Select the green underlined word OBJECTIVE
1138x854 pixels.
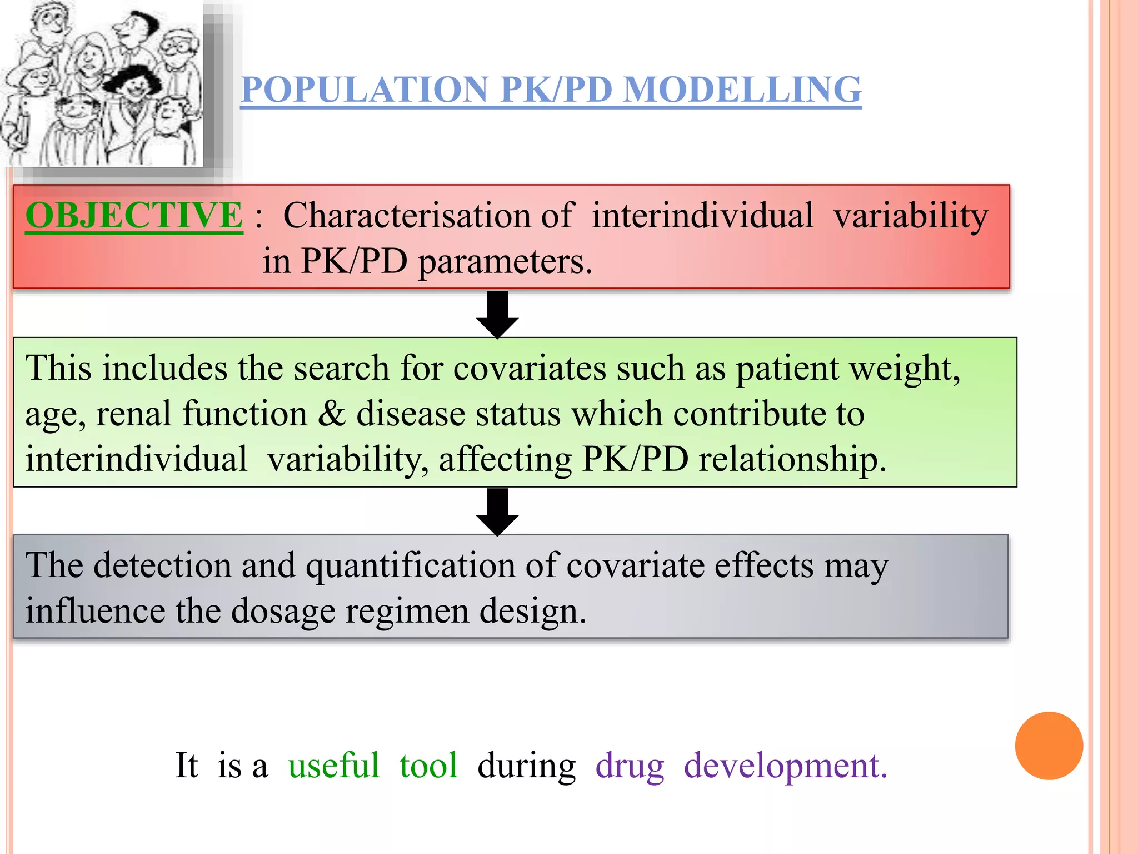(x=134, y=216)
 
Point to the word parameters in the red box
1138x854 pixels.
(x=505, y=261)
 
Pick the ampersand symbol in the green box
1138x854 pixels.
(x=332, y=414)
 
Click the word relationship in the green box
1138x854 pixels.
(x=792, y=460)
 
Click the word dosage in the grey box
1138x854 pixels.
(x=282, y=612)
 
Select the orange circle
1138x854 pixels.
(x=1049, y=746)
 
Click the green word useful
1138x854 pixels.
(x=333, y=766)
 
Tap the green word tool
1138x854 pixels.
(x=428, y=766)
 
